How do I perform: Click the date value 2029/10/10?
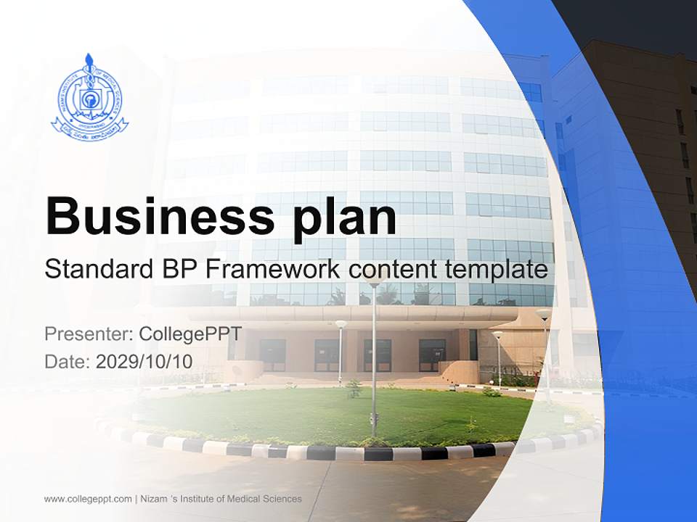(144, 361)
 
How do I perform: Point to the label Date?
(68, 361)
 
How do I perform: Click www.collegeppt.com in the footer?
(88, 499)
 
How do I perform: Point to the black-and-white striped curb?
(363, 453)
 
